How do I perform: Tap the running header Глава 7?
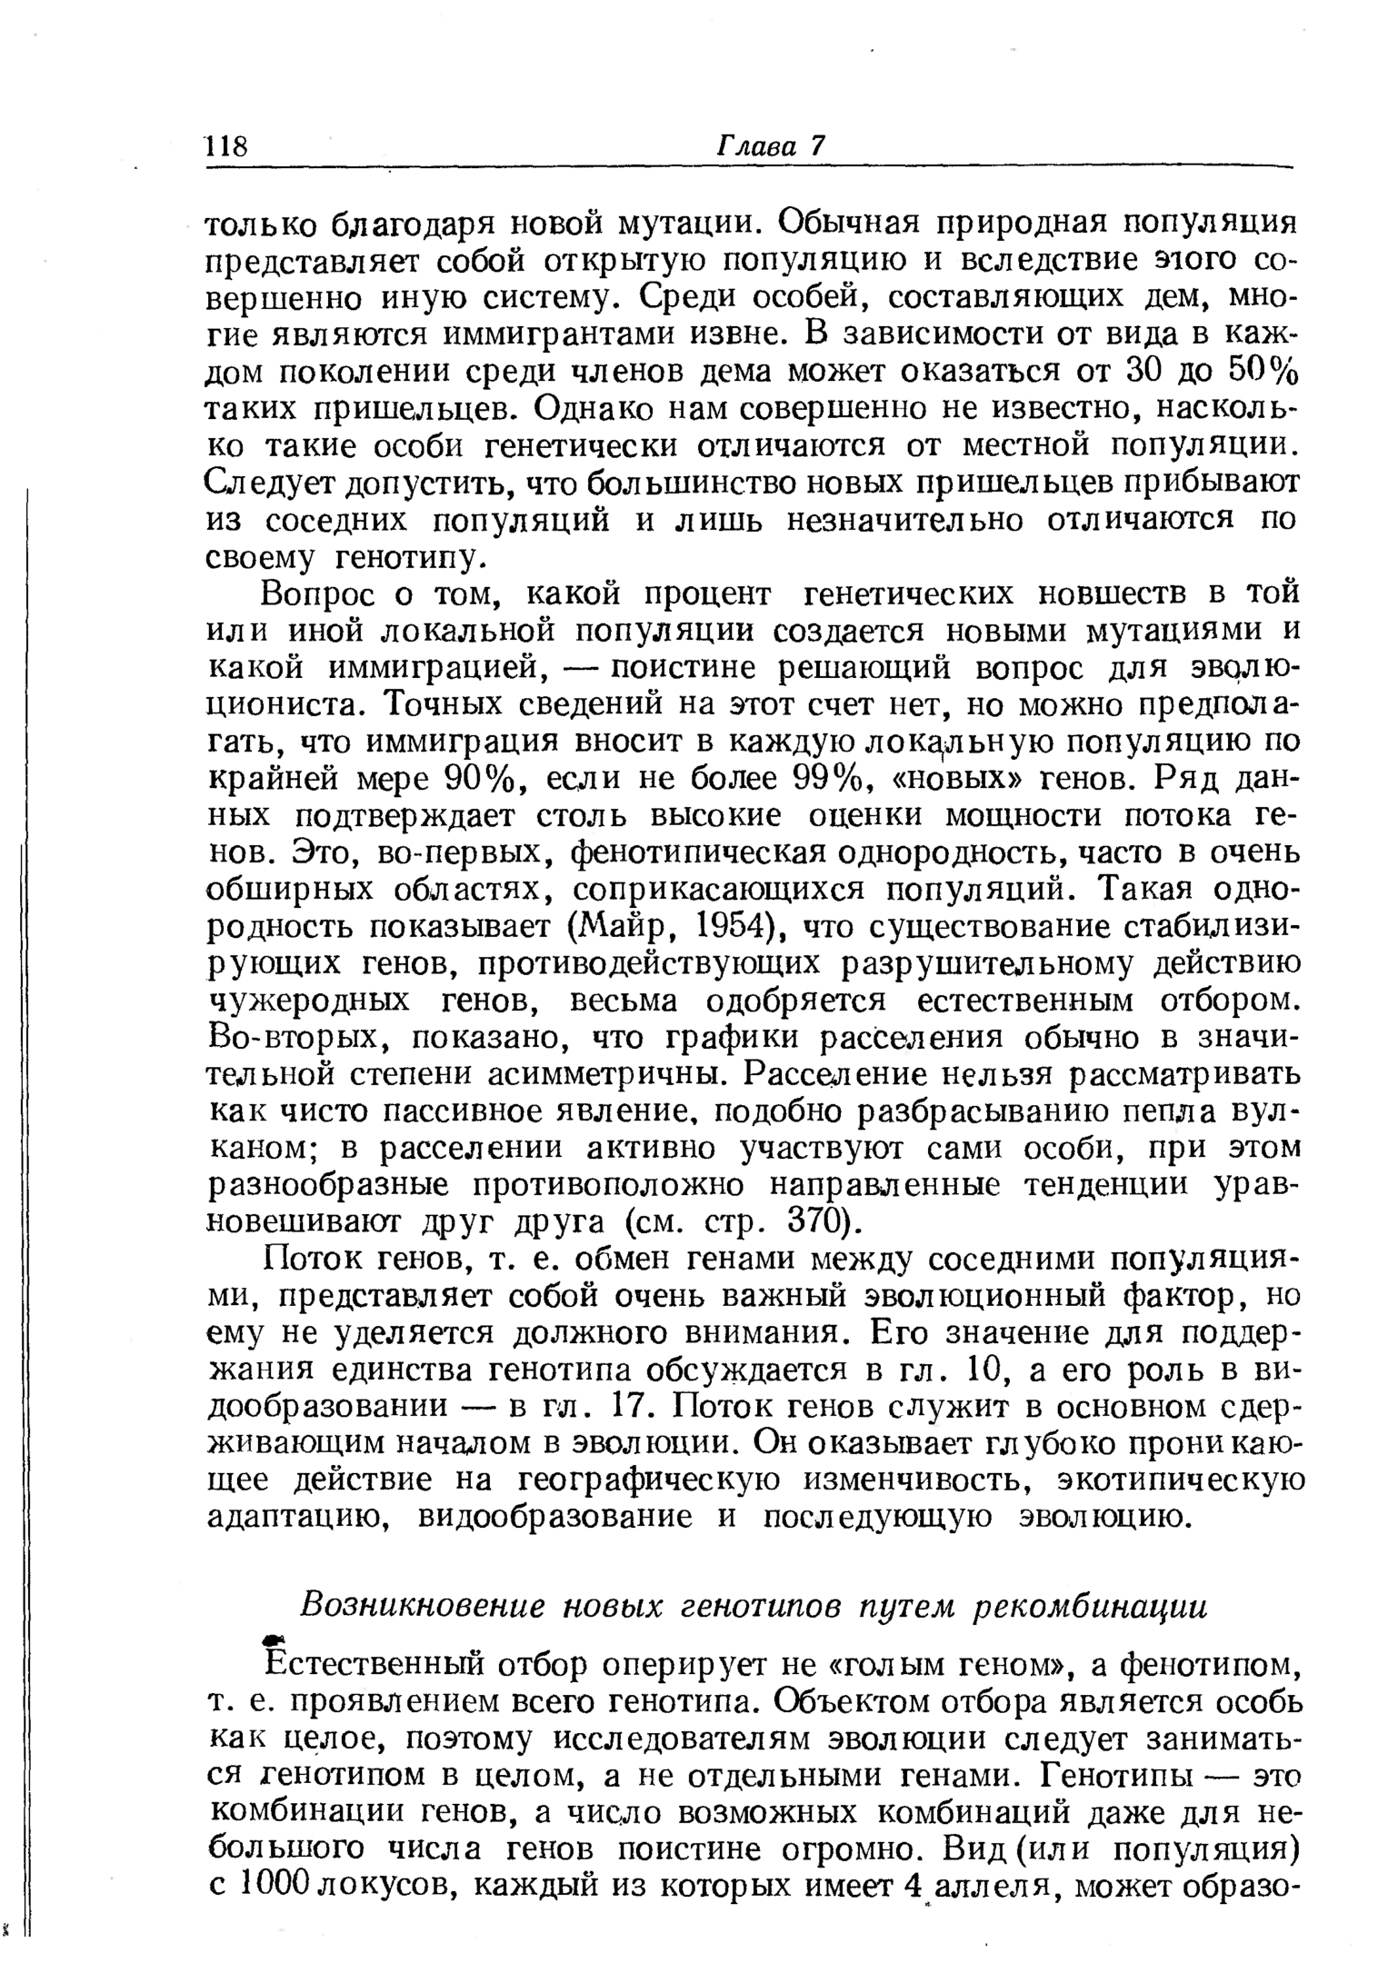771,147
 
